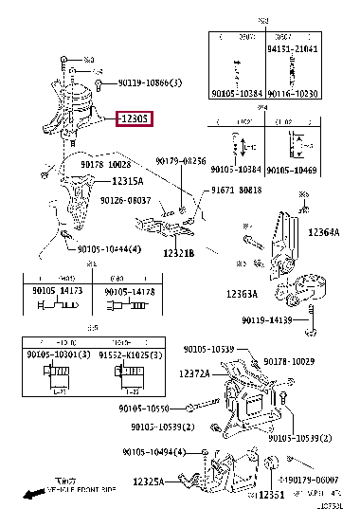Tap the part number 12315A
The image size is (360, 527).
pos(127,181)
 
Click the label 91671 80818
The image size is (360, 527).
pos(237,190)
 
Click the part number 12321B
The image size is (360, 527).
pos(177,253)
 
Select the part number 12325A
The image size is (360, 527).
pos(146,482)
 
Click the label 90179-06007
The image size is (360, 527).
pos(318,481)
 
